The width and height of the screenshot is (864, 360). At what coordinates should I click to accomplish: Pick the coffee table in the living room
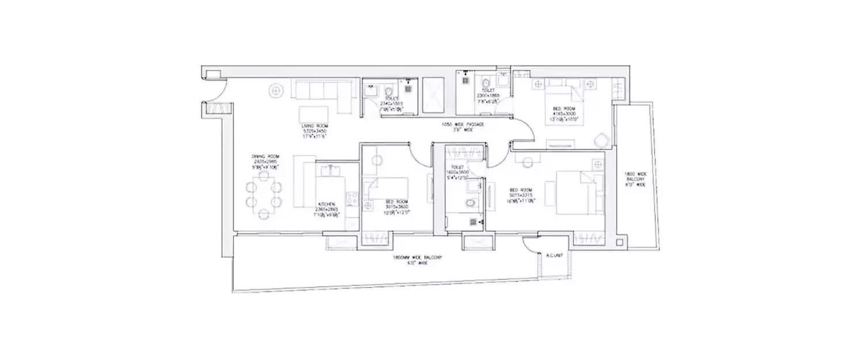click(x=313, y=113)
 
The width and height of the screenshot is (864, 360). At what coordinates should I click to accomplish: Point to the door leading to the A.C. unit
click(x=530, y=246)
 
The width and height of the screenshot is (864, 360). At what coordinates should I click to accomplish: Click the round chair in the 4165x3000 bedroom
click(x=601, y=140)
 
